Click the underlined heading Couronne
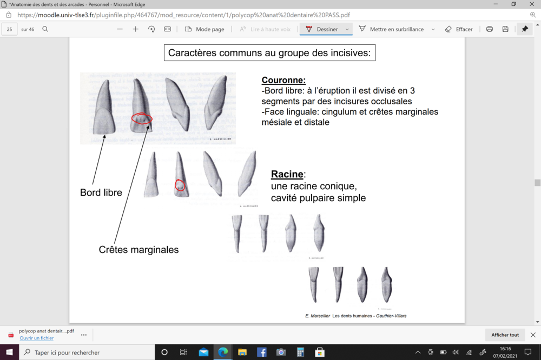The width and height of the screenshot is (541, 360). coord(283,80)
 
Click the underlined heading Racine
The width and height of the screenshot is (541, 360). coord(287,174)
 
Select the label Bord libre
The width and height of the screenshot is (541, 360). coord(101,192)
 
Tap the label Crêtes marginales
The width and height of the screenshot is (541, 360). coord(138,250)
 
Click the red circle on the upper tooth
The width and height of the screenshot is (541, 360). coord(142,118)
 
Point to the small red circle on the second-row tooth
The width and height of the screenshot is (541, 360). coord(180,185)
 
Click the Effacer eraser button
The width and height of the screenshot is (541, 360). coord(459,29)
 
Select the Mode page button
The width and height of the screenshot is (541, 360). coord(204,29)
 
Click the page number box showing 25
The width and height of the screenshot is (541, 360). coord(10,29)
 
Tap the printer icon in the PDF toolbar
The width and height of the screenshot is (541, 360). coord(490,29)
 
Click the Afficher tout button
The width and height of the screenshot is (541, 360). coord(505,335)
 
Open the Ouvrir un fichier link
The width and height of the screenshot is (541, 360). coord(37,338)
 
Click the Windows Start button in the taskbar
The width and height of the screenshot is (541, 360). coord(10,352)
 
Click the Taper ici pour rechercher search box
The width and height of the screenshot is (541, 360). coord(87,352)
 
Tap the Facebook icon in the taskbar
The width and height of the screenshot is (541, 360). coord(261,352)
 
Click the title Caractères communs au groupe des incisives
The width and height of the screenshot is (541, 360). coord(269,53)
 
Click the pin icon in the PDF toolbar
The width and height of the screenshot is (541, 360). coord(524,29)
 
